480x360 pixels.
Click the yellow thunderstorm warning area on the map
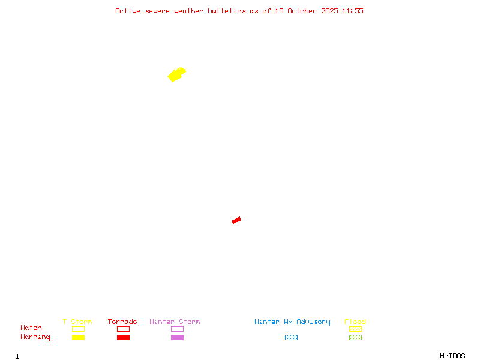click(x=176, y=74)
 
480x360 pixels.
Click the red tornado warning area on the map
click(x=236, y=220)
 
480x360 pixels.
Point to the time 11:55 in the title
click(x=353, y=11)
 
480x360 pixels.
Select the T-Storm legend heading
click(x=77, y=322)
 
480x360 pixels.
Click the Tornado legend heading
click(x=122, y=322)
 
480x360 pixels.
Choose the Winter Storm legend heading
click(x=175, y=322)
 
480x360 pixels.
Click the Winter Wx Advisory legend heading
click(x=292, y=322)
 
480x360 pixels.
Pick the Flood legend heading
click(x=355, y=322)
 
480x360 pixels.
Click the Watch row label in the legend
click(x=31, y=328)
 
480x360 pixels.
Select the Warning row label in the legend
click(x=35, y=337)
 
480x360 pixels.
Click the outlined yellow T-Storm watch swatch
click(x=78, y=329)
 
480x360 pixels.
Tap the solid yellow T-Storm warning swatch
click(x=78, y=338)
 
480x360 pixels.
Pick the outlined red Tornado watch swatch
click(x=123, y=329)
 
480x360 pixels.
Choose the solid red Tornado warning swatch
click(x=123, y=338)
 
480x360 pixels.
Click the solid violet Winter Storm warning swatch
click(x=177, y=338)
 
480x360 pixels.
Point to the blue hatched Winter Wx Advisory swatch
click(x=291, y=338)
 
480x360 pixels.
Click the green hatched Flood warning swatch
click(x=355, y=338)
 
